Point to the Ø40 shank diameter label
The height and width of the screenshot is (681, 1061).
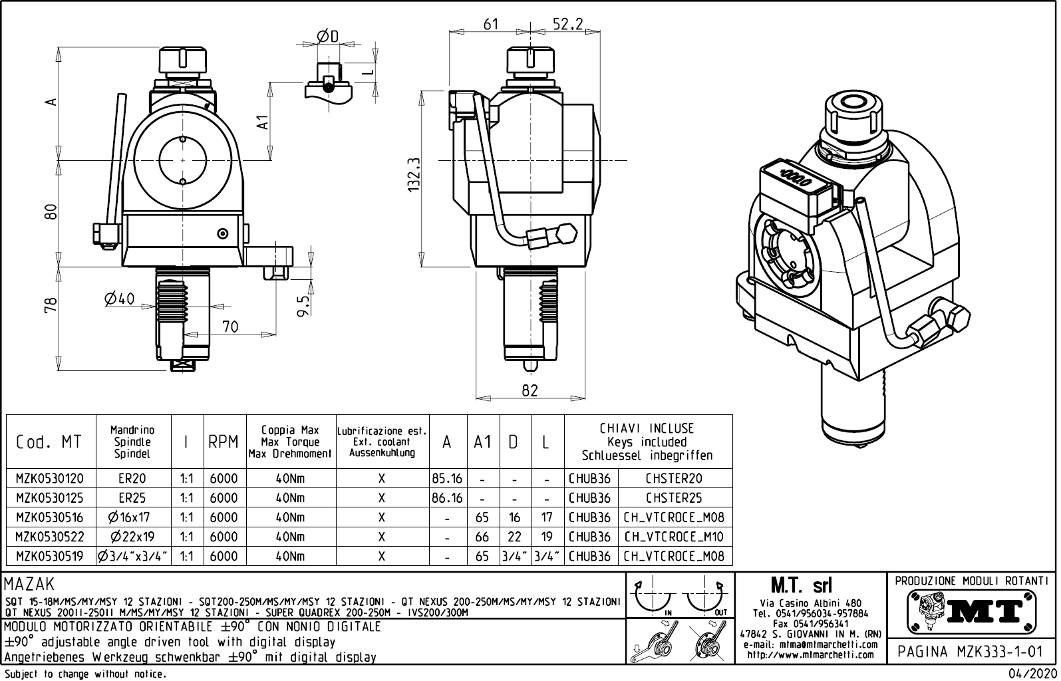(x=120, y=299)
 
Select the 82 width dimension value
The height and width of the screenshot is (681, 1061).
(x=530, y=391)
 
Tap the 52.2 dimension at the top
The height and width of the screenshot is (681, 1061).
(x=567, y=24)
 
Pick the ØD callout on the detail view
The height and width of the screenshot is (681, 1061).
(x=327, y=36)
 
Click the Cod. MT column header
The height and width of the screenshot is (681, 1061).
(x=50, y=442)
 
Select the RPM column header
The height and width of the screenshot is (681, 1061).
(x=223, y=442)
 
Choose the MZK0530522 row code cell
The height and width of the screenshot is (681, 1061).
(x=50, y=537)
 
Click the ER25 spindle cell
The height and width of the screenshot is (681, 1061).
(x=132, y=497)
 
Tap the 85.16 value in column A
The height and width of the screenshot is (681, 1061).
(x=447, y=478)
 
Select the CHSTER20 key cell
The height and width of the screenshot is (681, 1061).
(x=674, y=478)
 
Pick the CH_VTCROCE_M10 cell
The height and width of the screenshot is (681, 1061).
(x=674, y=537)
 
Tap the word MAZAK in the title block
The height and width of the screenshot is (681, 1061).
(x=29, y=584)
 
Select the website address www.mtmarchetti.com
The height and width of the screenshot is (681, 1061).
(x=810, y=655)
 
